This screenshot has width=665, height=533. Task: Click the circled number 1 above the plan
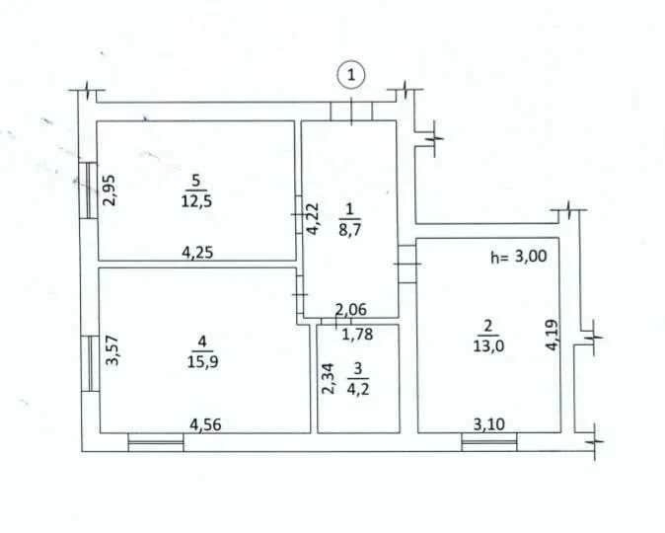351,76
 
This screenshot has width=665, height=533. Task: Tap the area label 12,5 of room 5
196,200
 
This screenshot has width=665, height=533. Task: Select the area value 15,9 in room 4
202,362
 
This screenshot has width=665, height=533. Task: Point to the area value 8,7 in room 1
350,230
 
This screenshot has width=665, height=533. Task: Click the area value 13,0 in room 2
488,345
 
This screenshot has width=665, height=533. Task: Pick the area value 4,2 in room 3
358,388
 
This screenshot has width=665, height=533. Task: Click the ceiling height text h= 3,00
519,257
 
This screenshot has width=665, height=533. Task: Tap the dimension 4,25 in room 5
197,253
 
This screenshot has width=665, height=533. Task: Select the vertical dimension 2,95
110,190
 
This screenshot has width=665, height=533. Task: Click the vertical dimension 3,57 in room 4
111,350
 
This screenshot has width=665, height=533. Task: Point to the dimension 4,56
205,424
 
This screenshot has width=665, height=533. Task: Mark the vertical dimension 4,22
313,218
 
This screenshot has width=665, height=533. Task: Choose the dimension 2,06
350,310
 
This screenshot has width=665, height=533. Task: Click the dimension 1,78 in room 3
357,335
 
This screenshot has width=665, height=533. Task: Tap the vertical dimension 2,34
329,379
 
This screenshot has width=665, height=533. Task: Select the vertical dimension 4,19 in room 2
553,335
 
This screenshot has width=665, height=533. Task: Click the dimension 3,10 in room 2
489,424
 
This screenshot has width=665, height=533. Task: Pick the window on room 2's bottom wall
489,442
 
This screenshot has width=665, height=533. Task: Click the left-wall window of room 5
89,190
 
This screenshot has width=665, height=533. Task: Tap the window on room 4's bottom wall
156,442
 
